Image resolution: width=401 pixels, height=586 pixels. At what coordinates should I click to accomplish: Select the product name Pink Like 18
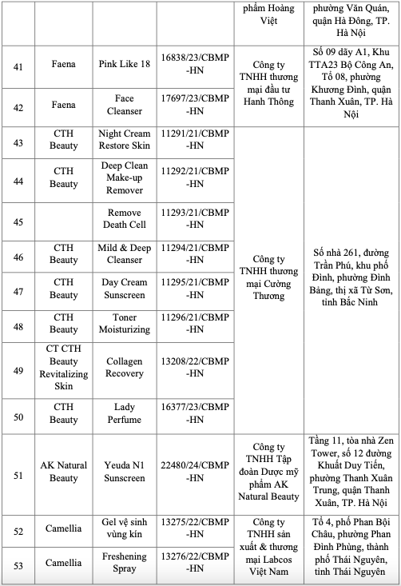(x=124, y=68)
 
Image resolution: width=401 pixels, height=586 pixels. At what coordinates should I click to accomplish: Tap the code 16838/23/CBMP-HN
(x=194, y=68)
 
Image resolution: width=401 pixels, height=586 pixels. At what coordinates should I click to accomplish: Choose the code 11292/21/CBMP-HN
(x=194, y=177)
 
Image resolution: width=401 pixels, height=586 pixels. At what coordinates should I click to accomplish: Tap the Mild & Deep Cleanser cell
(x=124, y=254)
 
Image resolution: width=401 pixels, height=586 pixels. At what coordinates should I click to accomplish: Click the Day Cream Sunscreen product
(x=124, y=289)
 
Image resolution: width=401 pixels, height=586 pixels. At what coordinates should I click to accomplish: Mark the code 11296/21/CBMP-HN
(x=194, y=323)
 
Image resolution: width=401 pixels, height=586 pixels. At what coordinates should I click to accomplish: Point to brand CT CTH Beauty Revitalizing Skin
(x=64, y=368)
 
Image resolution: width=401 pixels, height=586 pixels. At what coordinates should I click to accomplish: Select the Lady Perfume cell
(x=124, y=413)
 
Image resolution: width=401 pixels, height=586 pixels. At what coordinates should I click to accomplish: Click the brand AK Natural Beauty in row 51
(x=64, y=471)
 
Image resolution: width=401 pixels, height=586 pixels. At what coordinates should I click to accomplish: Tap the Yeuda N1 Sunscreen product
(x=124, y=471)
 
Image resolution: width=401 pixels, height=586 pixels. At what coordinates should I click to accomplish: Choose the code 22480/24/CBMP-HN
(x=194, y=471)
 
